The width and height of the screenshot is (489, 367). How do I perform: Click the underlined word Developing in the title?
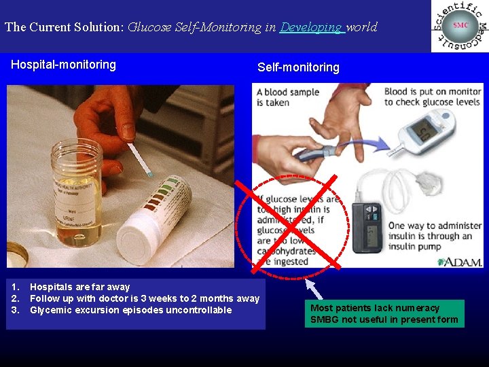pos(311,28)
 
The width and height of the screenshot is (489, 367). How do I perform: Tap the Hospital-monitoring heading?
pos(63,65)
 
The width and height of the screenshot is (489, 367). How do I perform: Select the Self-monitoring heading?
pos(298,67)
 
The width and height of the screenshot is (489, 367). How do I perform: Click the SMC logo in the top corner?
pos(460,26)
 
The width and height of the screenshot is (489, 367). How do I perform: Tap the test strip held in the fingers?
pos(141,160)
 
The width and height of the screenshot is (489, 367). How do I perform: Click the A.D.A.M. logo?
pos(460,262)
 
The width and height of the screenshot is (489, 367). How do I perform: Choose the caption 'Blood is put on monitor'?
pos(433,97)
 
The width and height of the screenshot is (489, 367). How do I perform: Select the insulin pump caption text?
pos(435,236)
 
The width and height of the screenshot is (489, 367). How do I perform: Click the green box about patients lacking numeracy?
pos(384,313)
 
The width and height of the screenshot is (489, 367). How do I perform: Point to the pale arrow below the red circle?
pos(313,288)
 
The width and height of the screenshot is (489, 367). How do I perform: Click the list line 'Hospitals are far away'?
pos(79,287)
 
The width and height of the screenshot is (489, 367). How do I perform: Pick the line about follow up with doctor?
pos(144,298)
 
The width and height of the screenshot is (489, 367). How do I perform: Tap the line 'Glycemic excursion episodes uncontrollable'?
pos(130,310)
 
